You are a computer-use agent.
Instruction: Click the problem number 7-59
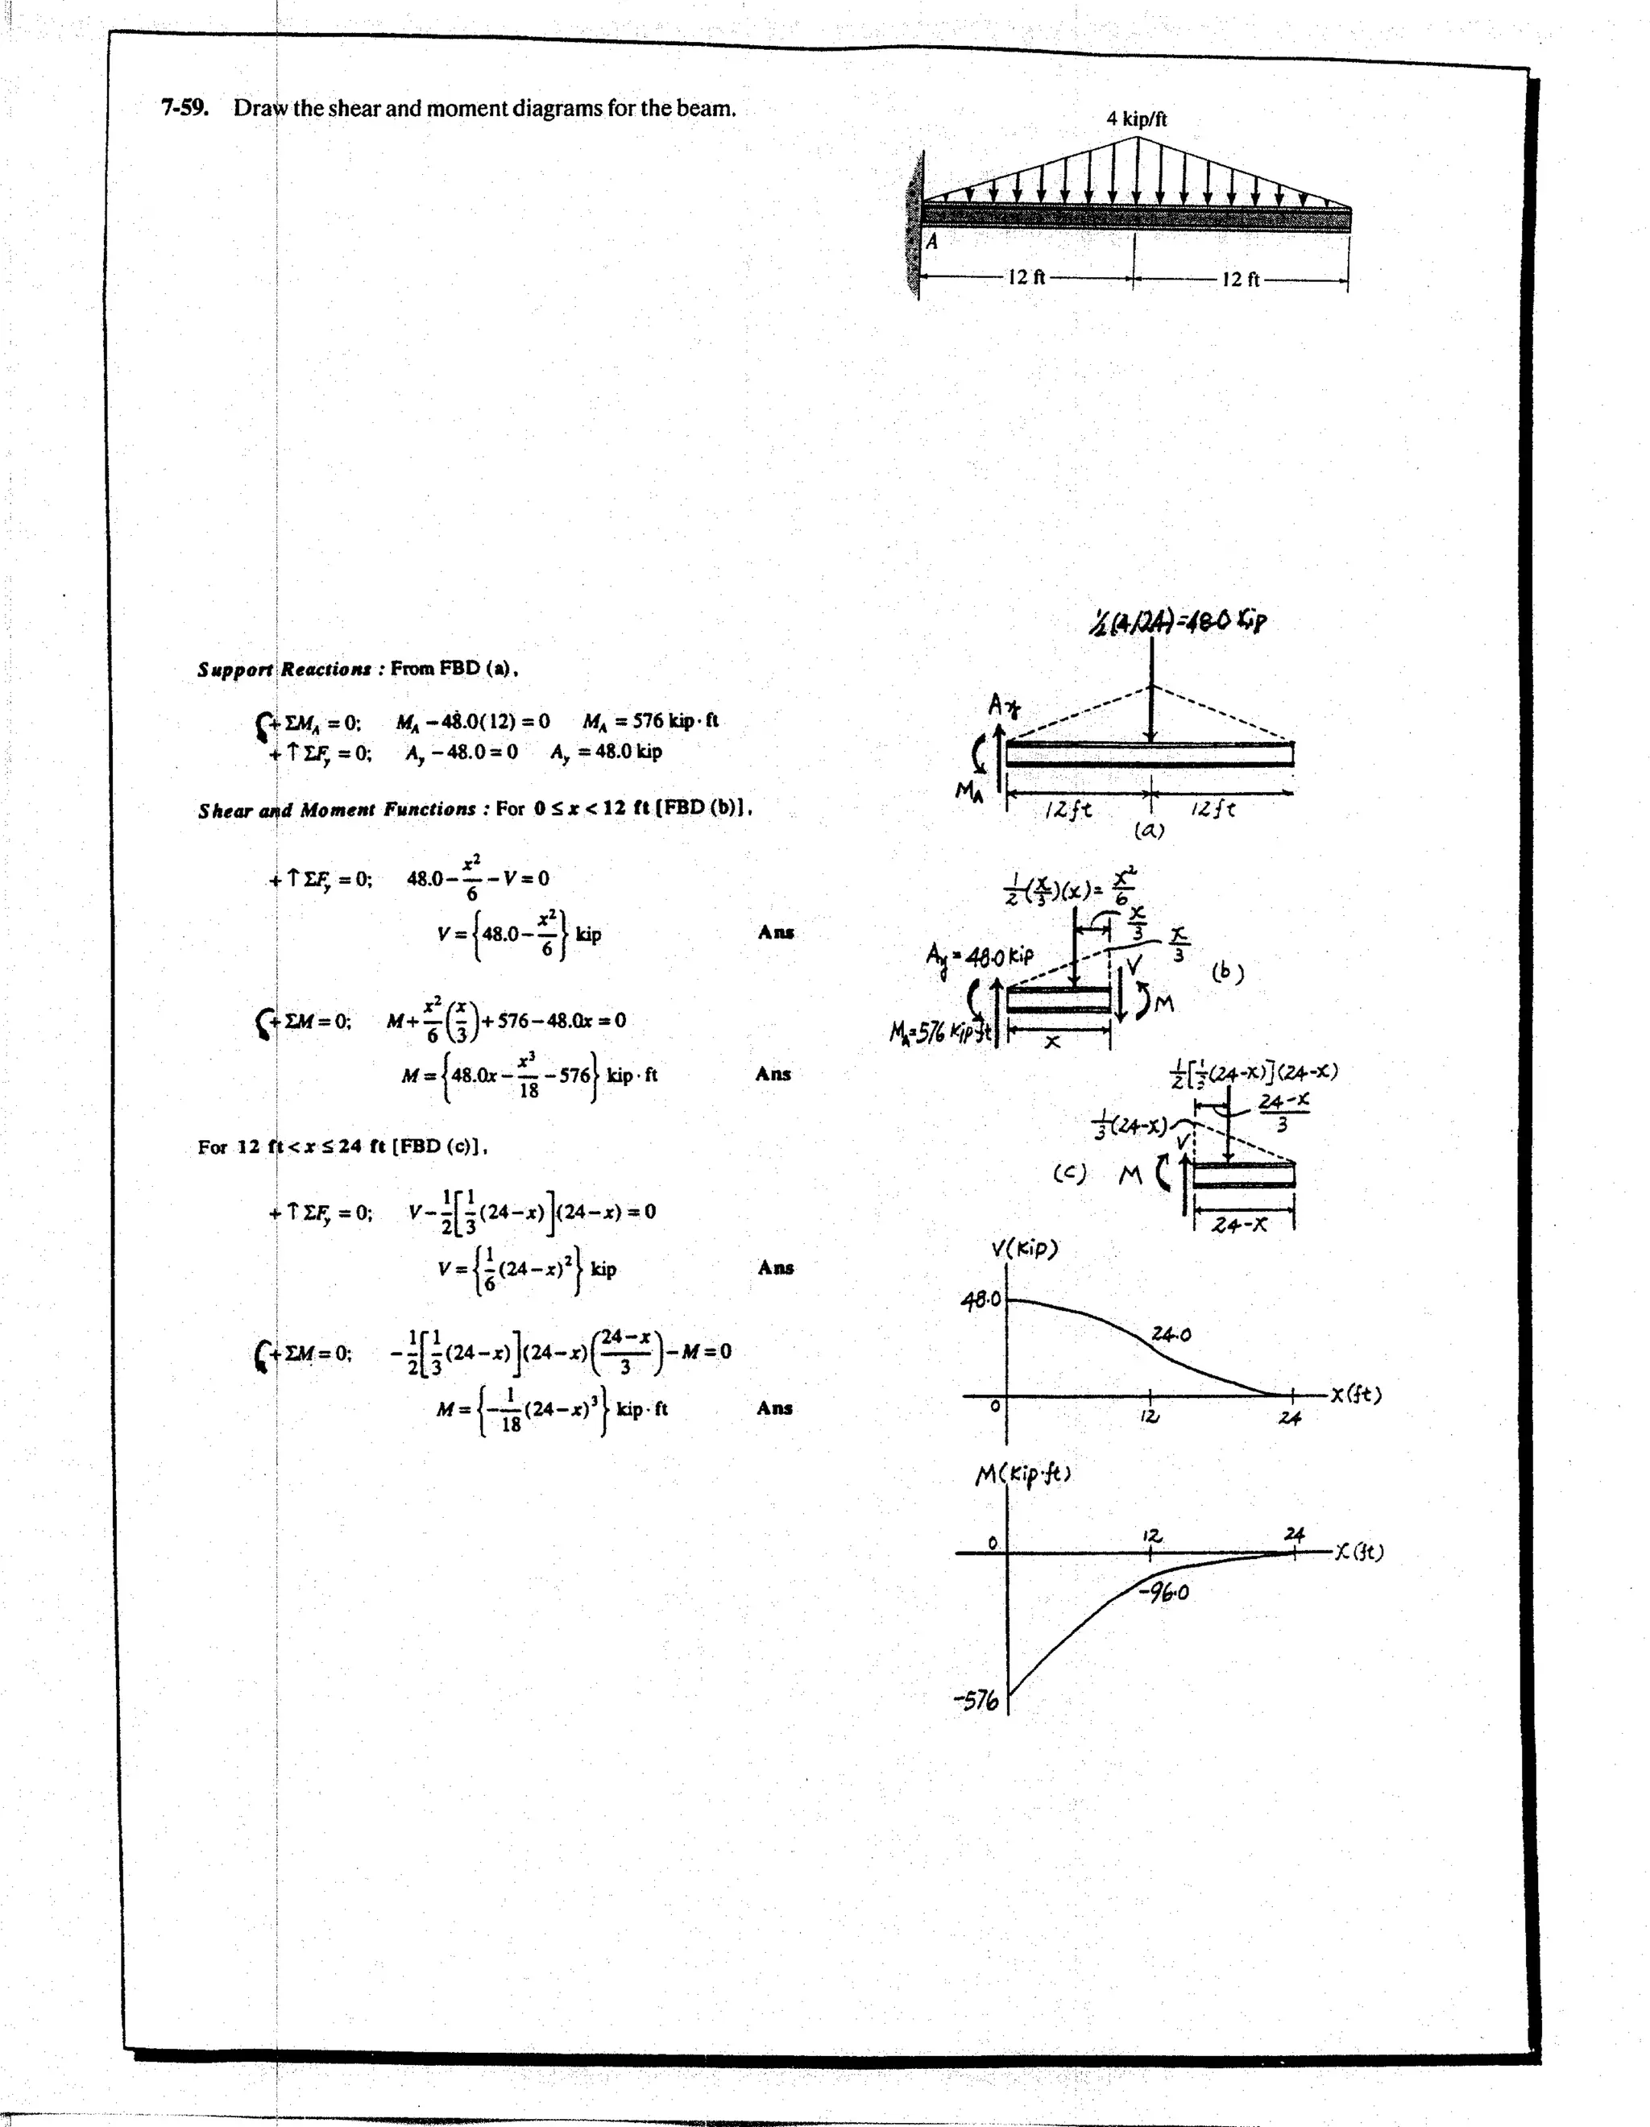pyautogui.click(x=185, y=107)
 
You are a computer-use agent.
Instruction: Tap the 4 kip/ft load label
pyautogui.click(x=1136, y=118)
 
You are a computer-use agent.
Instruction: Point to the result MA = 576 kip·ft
pyautogui.click(x=651, y=721)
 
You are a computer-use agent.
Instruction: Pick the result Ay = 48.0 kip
pyautogui.click(x=606, y=752)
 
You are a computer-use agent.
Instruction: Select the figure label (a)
pyautogui.click(x=1150, y=830)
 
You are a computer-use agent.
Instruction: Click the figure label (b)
pyautogui.click(x=1227, y=972)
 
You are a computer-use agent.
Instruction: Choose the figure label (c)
pyautogui.click(x=1068, y=1174)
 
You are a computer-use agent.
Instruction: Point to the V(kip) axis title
pyautogui.click(x=1024, y=1249)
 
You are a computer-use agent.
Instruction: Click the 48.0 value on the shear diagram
pyautogui.click(x=980, y=1301)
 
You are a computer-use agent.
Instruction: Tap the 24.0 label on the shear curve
pyautogui.click(x=1171, y=1334)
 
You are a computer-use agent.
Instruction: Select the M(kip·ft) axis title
pyautogui.click(x=1022, y=1474)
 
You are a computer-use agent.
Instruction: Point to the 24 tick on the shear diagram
pyautogui.click(x=1290, y=1418)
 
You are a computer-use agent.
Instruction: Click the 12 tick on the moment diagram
pyautogui.click(x=1151, y=1535)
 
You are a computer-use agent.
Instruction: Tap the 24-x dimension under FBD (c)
pyautogui.click(x=1240, y=1224)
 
